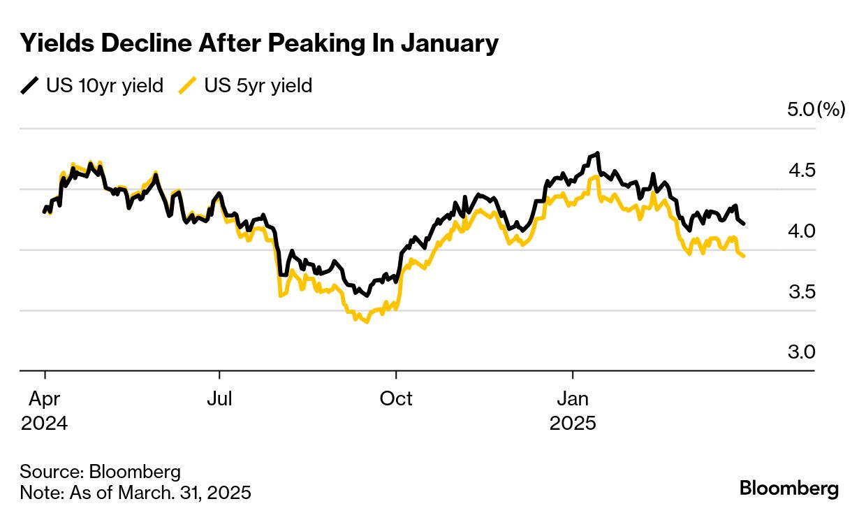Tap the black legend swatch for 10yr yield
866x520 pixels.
(29, 86)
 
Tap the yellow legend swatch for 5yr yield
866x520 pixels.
(187, 86)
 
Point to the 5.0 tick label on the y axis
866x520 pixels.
(800, 110)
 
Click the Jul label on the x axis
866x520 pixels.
(219, 399)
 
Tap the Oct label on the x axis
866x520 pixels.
(396, 399)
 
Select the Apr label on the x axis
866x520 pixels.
(44, 399)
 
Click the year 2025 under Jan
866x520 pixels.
(573, 424)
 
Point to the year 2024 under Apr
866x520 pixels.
(44, 424)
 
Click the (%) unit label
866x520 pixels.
(831, 110)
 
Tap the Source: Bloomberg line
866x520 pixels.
(100, 470)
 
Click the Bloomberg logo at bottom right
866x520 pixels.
(789, 488)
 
